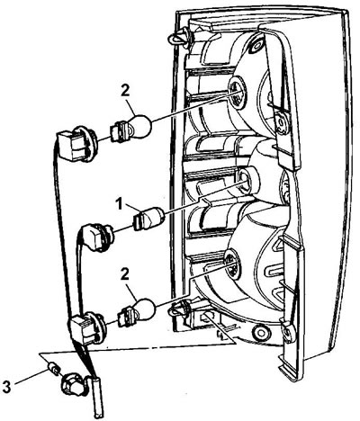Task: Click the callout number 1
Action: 120,204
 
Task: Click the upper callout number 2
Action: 126,91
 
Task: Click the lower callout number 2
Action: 124,274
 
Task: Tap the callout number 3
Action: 6,387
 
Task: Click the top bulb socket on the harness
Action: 76,144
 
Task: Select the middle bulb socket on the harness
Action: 96,237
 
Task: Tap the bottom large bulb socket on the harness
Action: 87,328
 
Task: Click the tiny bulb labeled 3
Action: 53,369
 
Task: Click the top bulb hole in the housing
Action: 237,90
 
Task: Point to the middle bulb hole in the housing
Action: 247,179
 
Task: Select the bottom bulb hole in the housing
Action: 232,264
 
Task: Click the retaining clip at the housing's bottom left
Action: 181,309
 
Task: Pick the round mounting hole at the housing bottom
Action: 260,332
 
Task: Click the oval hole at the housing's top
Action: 256,45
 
